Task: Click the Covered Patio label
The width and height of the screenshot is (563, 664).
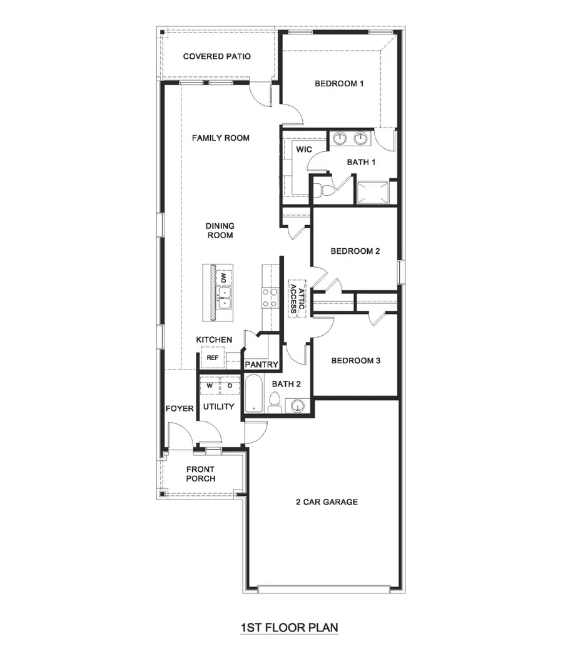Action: [216, 57]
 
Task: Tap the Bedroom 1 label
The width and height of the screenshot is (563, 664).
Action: [339, 84]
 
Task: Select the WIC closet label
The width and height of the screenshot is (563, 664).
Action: [304, 149]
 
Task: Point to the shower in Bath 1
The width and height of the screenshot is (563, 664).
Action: [372, 191]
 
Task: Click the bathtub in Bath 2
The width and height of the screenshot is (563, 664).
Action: [254, 394]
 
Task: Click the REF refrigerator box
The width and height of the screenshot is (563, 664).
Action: [213, 358]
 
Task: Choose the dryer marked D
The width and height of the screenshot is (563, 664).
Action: [230, 386]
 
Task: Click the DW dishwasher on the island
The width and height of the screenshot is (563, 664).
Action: [223, 278]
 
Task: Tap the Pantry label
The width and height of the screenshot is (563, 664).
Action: [261, 365]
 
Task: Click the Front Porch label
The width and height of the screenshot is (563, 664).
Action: [200, 474]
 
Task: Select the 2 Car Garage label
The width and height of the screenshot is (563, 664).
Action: [327, 501]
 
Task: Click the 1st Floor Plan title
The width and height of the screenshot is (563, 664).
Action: [289, 626]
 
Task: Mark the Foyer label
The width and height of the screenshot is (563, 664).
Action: [180, 409]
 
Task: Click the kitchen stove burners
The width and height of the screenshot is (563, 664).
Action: [270, 298]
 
